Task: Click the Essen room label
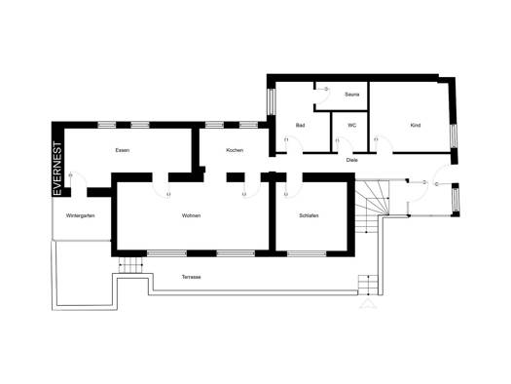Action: click(123, 150)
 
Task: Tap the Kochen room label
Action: click(235, 150)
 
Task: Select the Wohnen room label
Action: click(192, 215)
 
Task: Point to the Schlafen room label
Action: click(309, 215)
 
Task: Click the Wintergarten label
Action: click(80, 215)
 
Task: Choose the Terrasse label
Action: click(192, 277)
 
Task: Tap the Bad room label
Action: click(300, 126)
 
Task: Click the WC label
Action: click(352, 126)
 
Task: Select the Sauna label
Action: click(352, 95)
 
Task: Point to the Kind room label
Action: click(416, 126)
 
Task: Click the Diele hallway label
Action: click(352, 160)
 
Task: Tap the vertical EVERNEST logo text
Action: click(57, 169)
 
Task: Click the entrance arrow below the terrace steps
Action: click(368, 303)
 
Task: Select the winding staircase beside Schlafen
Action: click(372, 207)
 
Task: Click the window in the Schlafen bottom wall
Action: click(307, 253)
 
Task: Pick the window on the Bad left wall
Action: click(272, 101)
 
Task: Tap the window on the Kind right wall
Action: click(454, 136)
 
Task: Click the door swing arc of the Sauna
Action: click(327, 96)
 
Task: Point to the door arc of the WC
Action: click(346, 144)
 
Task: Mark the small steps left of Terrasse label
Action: click(130, 264)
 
